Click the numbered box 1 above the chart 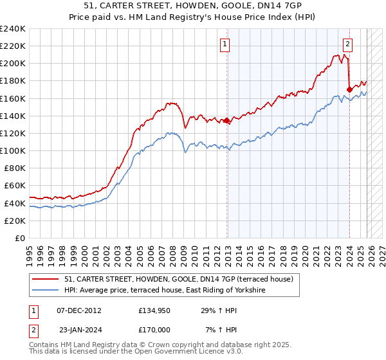[x=225, y=44]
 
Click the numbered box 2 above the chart [x=347, y=44]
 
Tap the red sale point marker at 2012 [x=227, y=120]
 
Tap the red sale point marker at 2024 [x=349, y=89]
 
